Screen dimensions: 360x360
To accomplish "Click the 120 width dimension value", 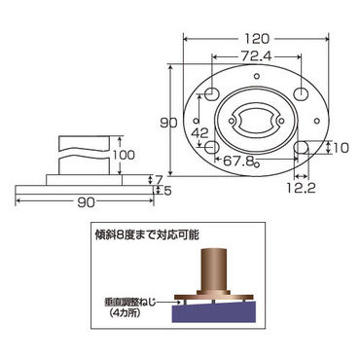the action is pyautogui.click(x=257, y=39).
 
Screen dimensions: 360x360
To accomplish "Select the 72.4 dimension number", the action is pyautogui.click(x=257, y=56).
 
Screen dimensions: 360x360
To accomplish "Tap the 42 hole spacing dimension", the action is pyautogui.click(x=199, y=132).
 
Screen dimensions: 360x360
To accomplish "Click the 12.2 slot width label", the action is pyautogui.click(x=301, y=188).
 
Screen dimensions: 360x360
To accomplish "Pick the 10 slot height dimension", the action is pyautogui.click(x=341, y=148).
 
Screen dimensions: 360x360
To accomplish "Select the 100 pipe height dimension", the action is pyautogui.click(x=124, y=155).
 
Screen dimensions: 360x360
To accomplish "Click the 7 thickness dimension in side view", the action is pyautogui.click(x=159, y=179).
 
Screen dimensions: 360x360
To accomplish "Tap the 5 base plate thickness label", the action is pyautogui.click(x=167, y=191).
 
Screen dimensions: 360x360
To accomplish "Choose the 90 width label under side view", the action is pyautogui.click(x=87, y=202).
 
